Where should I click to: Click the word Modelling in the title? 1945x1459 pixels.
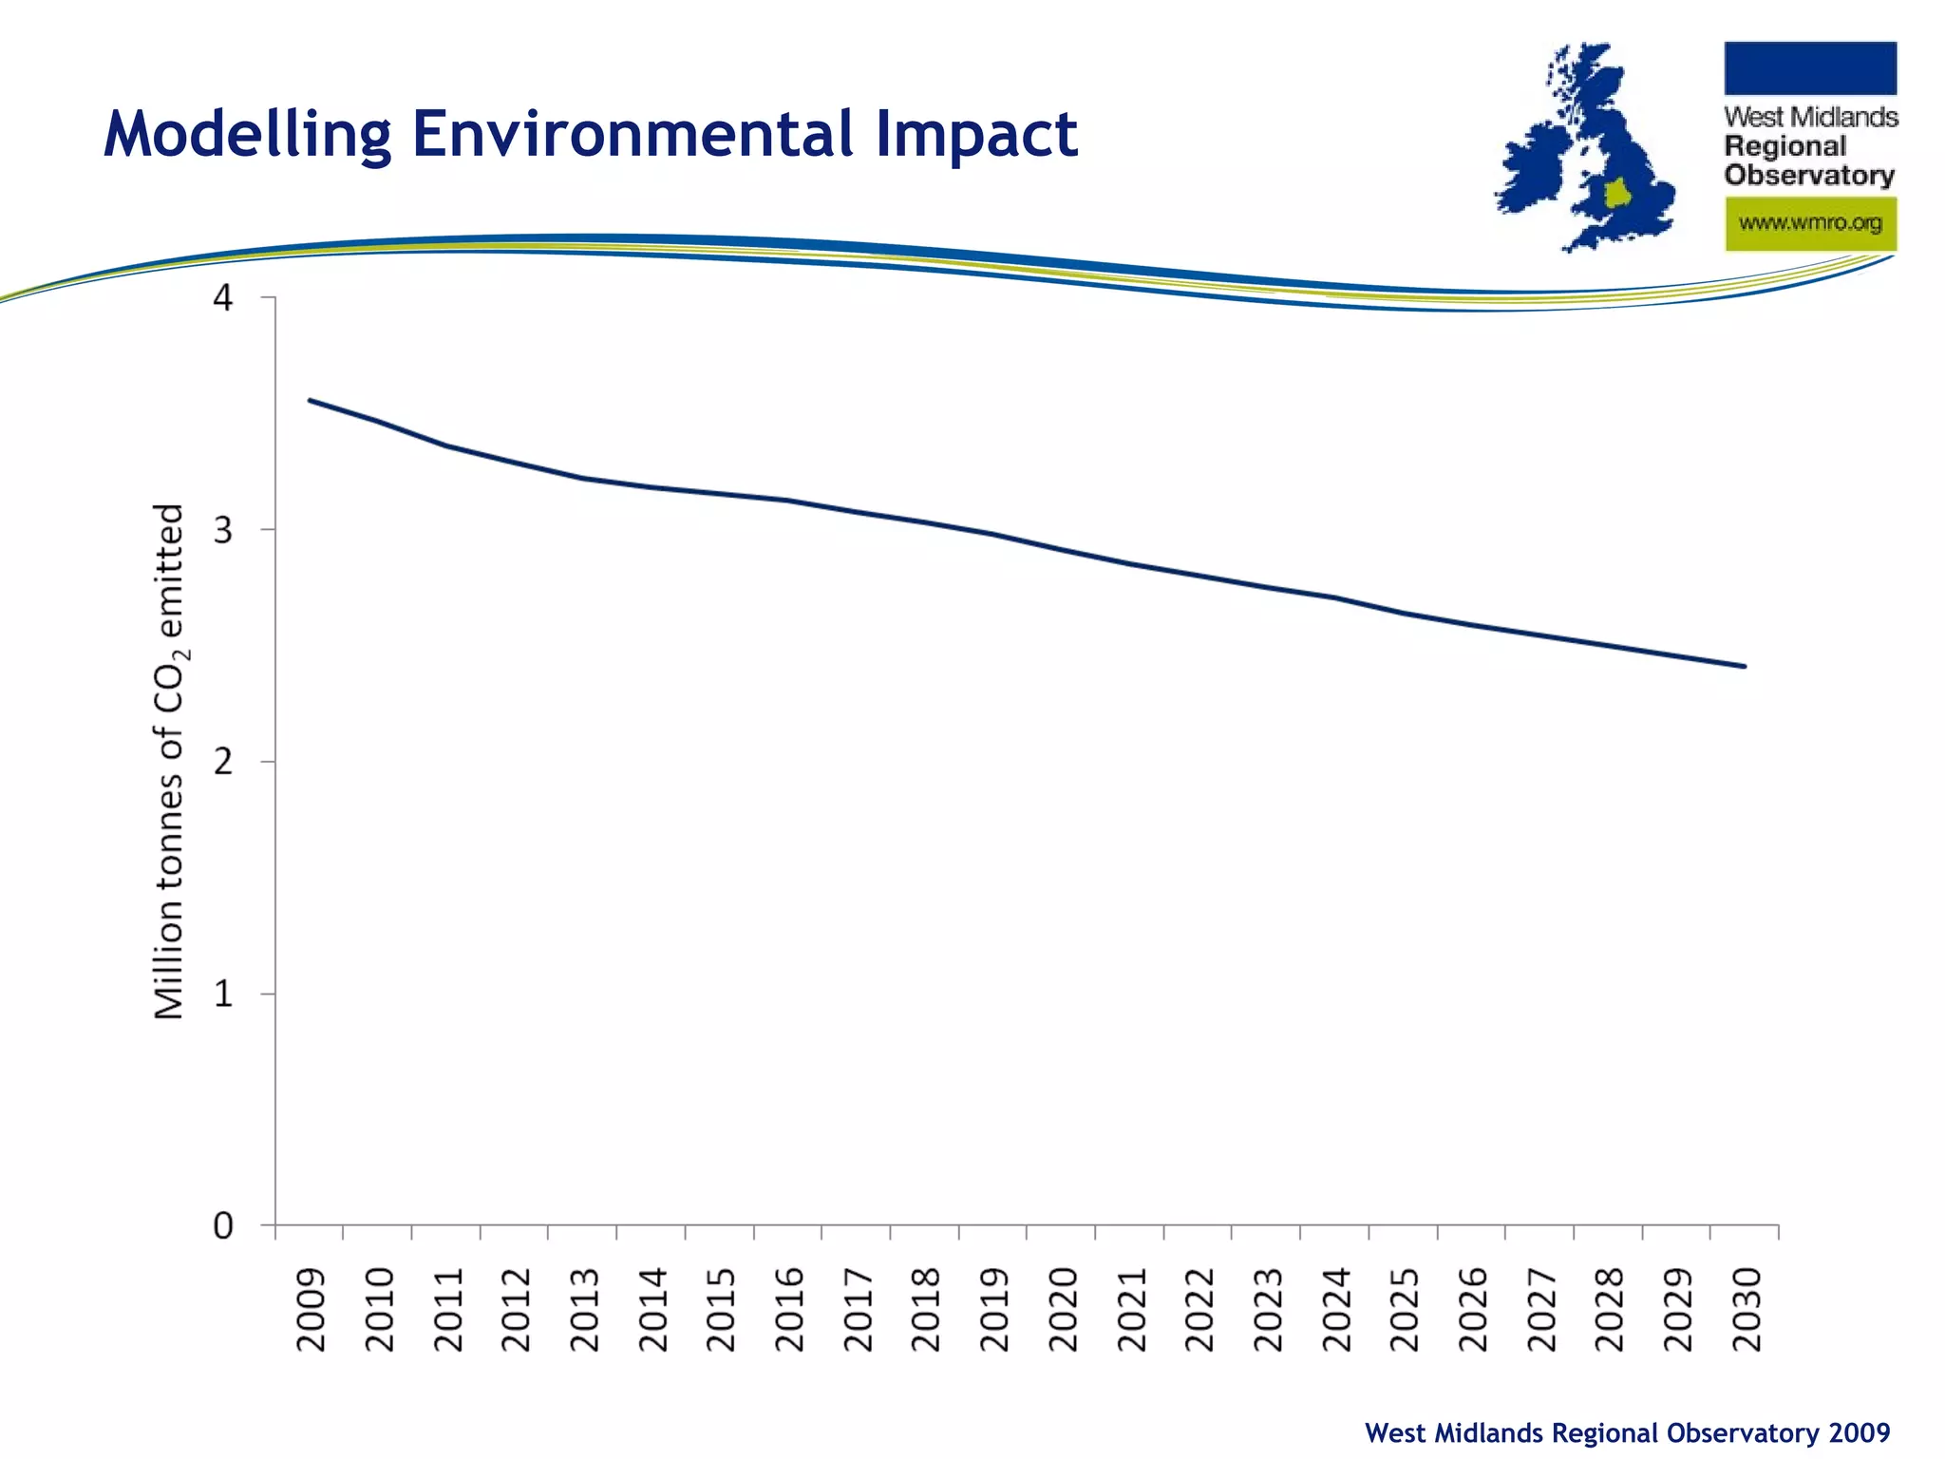click(x=246, y=134)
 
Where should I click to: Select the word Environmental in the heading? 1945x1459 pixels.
click(x=633, y=134)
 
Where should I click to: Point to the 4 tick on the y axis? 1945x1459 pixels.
click(x=223, y=298)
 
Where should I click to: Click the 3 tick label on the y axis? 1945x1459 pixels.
click(x=223, y=530)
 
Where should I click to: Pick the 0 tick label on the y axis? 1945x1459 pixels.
click(x=223, y=1226)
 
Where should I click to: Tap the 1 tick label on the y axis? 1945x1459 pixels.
click(x=223, y=995)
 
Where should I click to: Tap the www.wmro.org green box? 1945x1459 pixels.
click(x=1810, y=224)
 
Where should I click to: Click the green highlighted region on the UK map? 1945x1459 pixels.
click(x=1617, y=194)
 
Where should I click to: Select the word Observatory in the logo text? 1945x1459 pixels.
click(x=1809, y=176)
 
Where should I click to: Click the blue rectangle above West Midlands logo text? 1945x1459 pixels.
click(x=1810, y=68)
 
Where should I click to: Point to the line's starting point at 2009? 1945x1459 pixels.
click(x=311, y=400)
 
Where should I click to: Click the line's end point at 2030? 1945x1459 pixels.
click(x=1745, y=667)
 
